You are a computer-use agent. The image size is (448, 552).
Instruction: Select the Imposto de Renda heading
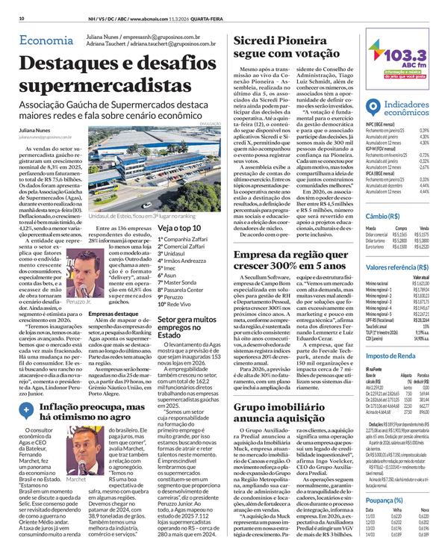click(390, 356)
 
